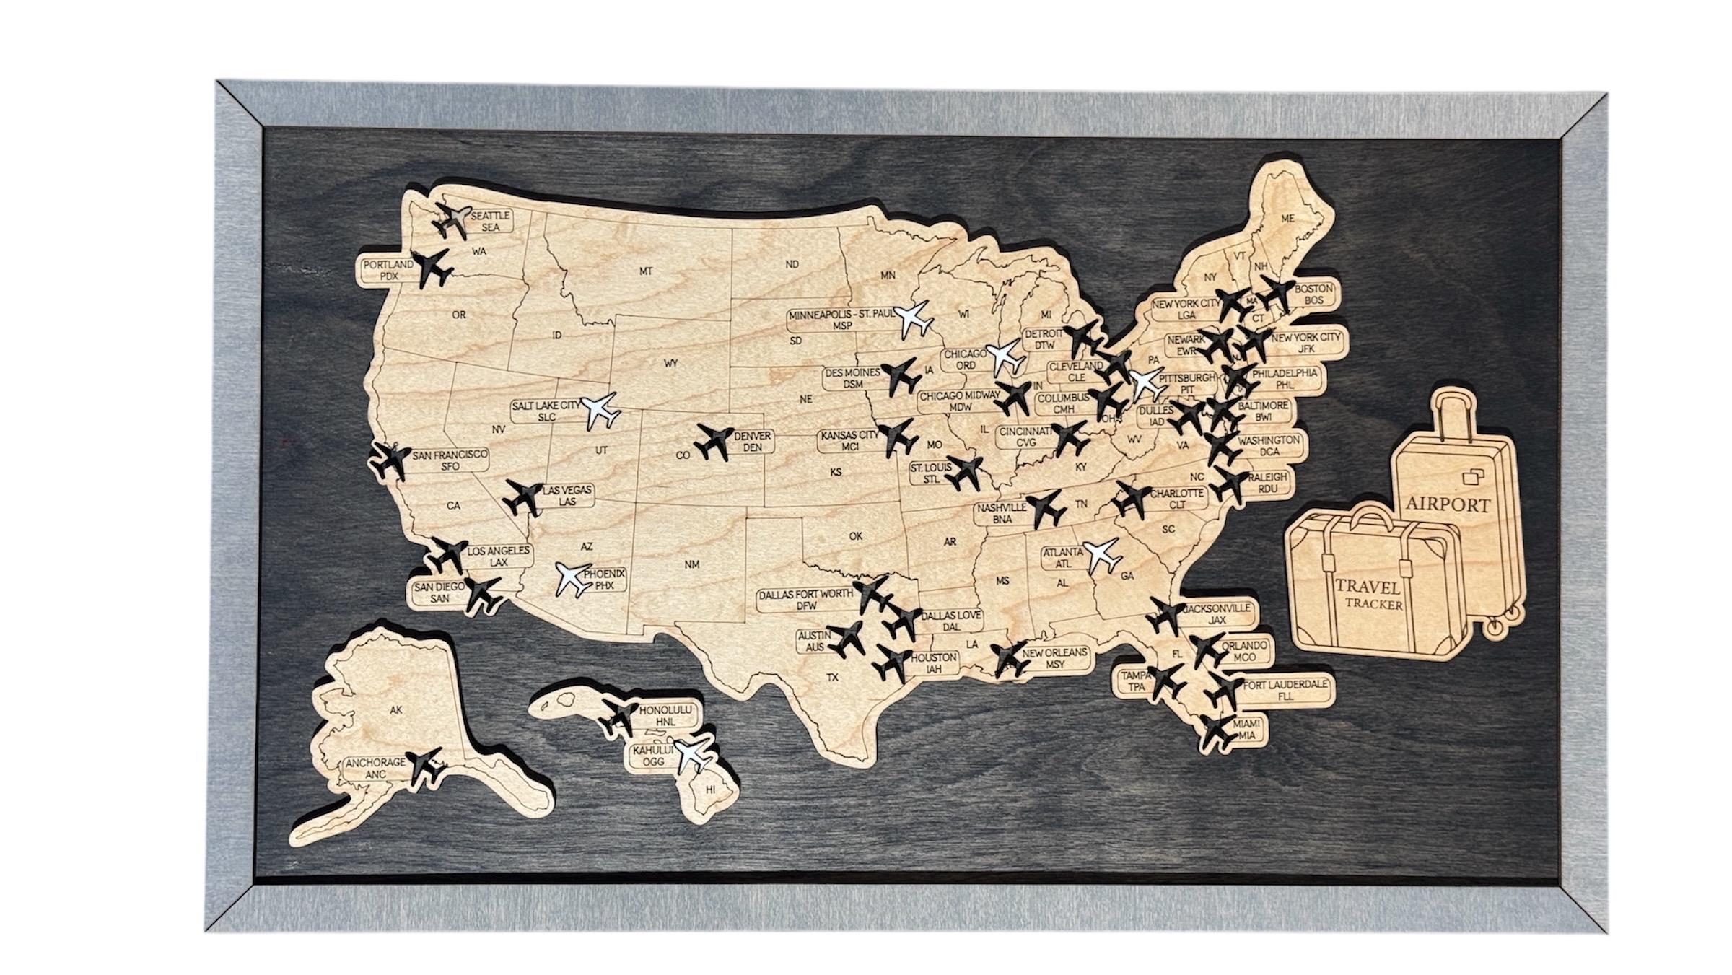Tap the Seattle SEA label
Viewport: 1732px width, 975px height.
tap(491, 221)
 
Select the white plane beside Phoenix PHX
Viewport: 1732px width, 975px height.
tap(573, 578)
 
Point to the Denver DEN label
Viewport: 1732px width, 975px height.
tap(753, 442)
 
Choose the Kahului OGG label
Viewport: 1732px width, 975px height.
tap(653, 756)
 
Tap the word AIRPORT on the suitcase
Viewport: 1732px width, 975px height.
tap(1447, 504)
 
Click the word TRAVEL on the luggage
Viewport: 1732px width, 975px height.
tap(1368, 587)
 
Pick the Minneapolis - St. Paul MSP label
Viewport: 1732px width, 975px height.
tap(842, 320)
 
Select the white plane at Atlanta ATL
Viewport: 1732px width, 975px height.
tap(1101, 554)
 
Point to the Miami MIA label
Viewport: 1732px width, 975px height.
tap(1247, 729)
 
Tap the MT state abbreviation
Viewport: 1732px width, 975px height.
tap(646, 271)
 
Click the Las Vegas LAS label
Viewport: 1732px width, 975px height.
tap(567, 495)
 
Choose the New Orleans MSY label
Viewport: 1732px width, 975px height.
tap(1054, 658)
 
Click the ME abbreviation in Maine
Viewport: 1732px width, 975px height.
tap(1287, 218)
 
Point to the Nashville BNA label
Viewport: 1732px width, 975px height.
tap(1002, 513)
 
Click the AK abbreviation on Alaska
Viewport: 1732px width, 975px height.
tap(395, 710)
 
